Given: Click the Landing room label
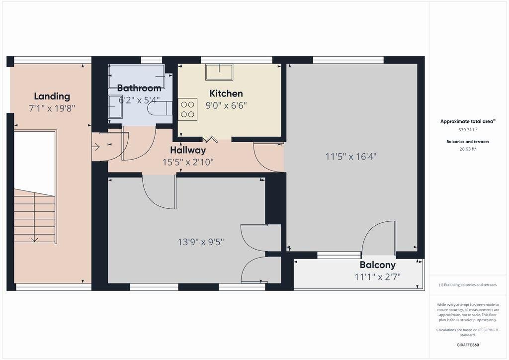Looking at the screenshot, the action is (x=52, y=96).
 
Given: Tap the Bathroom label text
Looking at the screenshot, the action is (x=139, y=88).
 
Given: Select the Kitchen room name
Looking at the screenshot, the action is (x=226, y=93).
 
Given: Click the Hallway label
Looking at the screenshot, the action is (x=188, y=150).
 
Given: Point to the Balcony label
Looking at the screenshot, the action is (x=378, y=265).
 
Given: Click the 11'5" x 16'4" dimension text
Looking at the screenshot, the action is (x=351, y=157).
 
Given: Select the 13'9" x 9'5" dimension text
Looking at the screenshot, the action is (x=201, y=242).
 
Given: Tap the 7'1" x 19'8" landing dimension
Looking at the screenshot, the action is (x=52, y=108).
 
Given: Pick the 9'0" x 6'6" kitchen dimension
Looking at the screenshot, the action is (x=226, y=105).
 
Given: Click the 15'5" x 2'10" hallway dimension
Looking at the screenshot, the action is (x=188, y=162).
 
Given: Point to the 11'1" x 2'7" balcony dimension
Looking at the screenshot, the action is (x=378, y=277).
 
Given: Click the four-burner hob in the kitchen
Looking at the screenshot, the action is (x=187, y=109).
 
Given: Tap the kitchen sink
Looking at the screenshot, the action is (x=219, y=72).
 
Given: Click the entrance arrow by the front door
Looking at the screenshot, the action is (x=95, y=147).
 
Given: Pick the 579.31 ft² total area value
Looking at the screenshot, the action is (x=468, y=130).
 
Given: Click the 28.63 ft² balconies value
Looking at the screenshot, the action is (x=468, y=149).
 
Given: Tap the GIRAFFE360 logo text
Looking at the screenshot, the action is (x=468, y=345).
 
